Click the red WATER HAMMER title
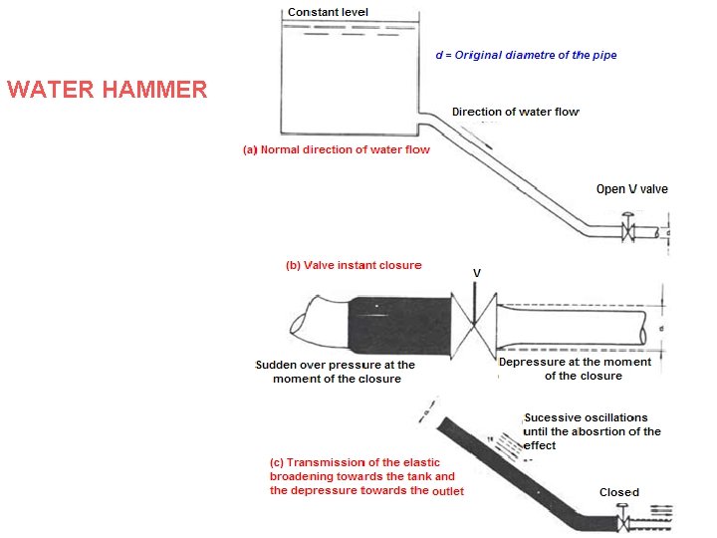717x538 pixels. [107, 90]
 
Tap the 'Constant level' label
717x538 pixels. [328, 12]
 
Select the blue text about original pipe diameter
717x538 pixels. [526, 55]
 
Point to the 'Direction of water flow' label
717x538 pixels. [515, 112]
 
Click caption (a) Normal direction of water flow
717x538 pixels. [337, 150]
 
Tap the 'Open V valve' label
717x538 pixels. [631, 189]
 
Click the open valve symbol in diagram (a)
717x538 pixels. [628, 231]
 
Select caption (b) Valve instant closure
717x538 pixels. [354, 265]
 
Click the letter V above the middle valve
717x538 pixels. [476, 271]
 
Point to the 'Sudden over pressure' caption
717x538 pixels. [336, 372]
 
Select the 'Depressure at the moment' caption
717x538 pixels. [575, 369]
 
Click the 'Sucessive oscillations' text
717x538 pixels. [592, 431]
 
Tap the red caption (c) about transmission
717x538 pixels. [366, 476]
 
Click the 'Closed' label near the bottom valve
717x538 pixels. [619, 492]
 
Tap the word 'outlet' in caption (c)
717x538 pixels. [448, 490]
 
